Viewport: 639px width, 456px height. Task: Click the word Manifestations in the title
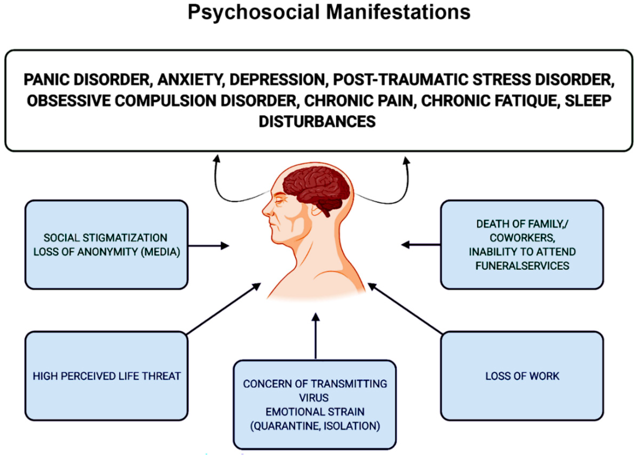(x=398, y=13)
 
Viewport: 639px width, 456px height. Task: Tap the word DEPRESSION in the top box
(x=277, y=80)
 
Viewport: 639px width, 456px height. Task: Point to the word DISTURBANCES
(x=317, y=121)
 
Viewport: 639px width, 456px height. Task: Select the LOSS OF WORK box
(x=522, y=376)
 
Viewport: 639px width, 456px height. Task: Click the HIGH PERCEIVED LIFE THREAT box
(x=106, y=376)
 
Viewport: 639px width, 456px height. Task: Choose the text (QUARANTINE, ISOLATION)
(x=315, y=426)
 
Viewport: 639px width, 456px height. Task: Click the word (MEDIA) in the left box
(x=160, y=252)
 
